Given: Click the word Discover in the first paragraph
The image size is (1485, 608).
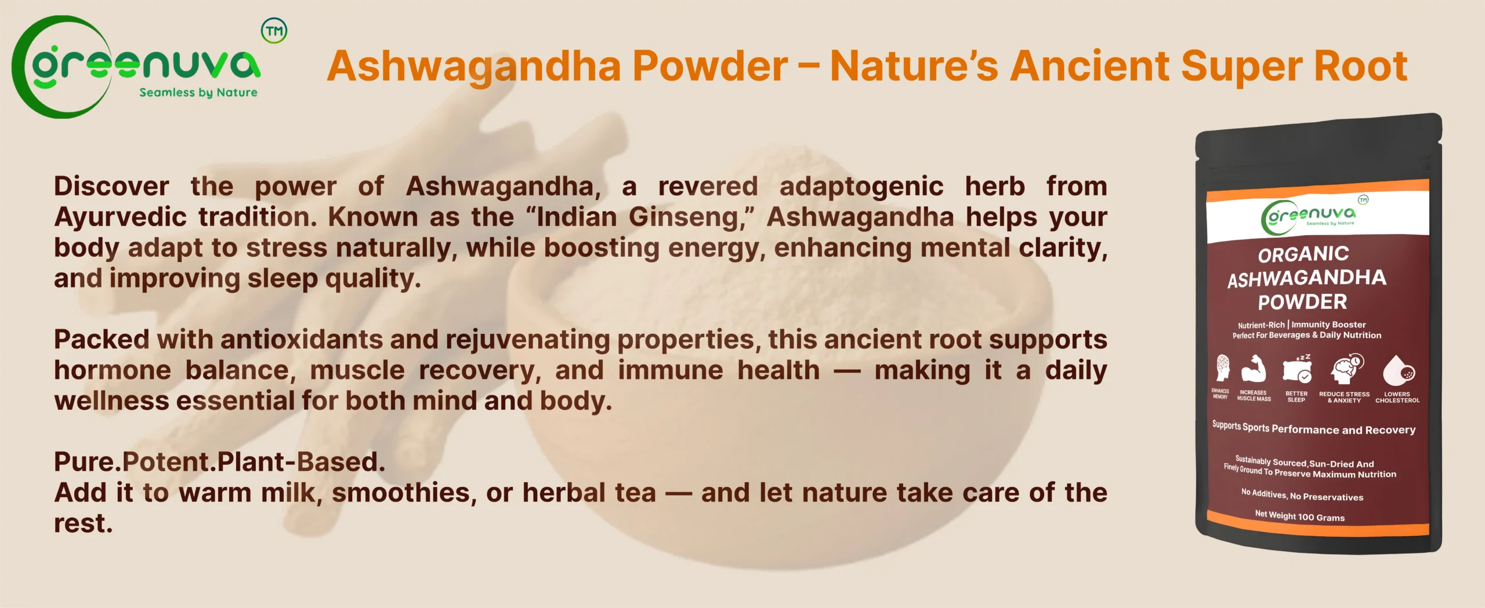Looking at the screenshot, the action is (112, 187).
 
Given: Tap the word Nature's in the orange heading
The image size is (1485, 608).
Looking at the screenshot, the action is (914, 65).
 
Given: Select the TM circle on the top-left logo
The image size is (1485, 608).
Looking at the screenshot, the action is (274, 31).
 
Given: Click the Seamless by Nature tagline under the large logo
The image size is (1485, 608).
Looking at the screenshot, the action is (198, 93).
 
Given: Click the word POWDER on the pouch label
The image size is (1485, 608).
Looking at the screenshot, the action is (1302, 302).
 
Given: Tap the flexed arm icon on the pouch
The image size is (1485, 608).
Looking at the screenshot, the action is (1254, 369).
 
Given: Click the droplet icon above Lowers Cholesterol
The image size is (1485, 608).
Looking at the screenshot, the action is (1399, 370).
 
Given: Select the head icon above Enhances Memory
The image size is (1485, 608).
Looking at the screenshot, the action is (1222, 367).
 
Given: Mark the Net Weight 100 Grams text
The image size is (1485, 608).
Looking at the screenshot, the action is (1299, 516).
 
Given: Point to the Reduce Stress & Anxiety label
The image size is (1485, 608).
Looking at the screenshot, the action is (1344, 397).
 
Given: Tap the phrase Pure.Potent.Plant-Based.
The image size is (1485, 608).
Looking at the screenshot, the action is (220, 463).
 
